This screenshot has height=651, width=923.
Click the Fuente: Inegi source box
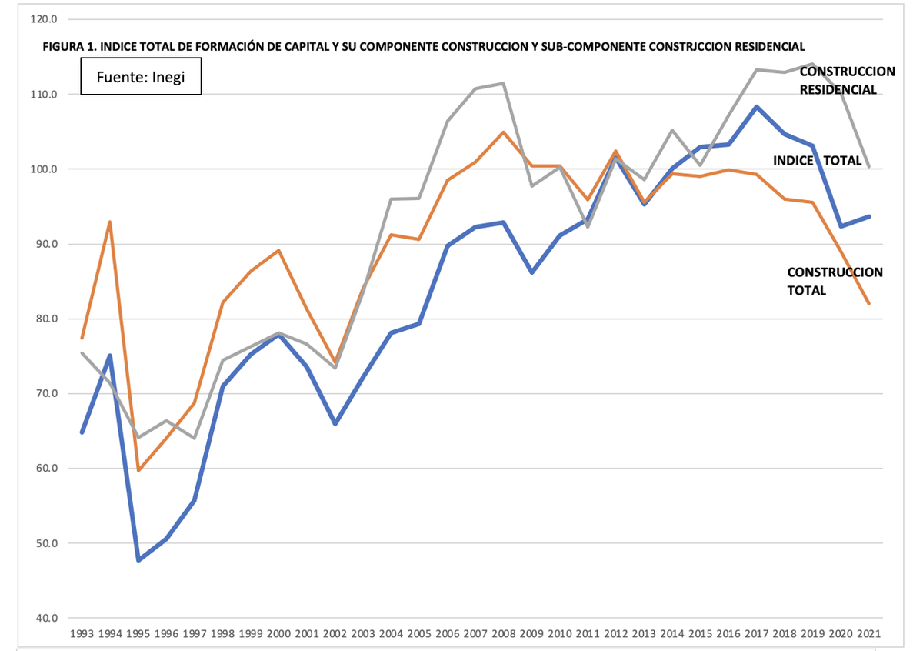click(x=141, y=77)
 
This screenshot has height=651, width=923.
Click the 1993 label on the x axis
click(x=82, y=633)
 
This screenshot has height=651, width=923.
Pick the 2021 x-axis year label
click(x=869, y=633)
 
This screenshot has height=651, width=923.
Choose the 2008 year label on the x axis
click(x=504, y=633)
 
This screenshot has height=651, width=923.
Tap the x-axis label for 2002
click(x=335, y=633)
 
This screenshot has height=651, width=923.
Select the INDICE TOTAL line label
click(x=817, y=160)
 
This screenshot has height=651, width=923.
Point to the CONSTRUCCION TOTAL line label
click(x=835, y=282)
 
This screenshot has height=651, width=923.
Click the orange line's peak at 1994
click(x=110, y=222)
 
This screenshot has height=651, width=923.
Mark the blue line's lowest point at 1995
click(x=138, y=560)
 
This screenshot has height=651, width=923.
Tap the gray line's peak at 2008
click(x=504, y=83)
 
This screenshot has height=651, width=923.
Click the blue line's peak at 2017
click(x=757, y=106)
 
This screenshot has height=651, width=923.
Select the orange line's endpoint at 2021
click(x=869, y=304)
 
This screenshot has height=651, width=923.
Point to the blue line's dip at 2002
click(x=335, y=424)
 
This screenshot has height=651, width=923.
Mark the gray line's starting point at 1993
click(x=82, y=353)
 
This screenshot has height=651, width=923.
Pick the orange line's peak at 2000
click(x=278, y=250)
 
